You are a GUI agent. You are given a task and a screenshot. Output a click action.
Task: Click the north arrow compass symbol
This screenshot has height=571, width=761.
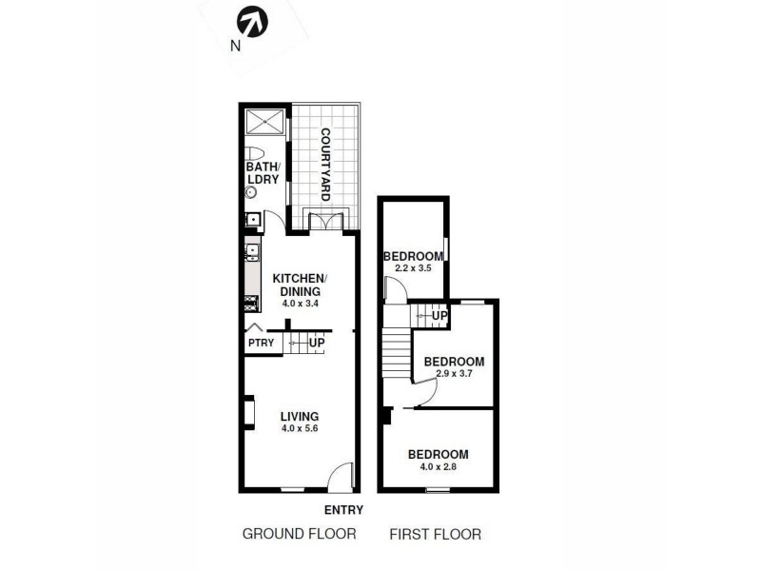[x=251, y=21]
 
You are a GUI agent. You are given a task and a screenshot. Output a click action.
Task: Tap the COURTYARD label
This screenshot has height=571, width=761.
[x=324, y=164]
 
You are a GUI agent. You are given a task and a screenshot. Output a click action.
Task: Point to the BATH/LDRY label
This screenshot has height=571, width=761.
[x=262, y=174]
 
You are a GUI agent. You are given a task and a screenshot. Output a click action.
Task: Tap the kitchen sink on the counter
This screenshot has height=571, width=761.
[x=253, y=252]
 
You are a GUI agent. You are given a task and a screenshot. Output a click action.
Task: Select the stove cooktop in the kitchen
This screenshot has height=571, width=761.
[x=252, y=305]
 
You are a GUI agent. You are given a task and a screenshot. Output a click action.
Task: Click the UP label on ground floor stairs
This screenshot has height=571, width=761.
[x=317, y=343]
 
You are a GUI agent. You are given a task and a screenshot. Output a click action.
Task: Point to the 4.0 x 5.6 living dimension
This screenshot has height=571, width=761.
[x=299, y=429]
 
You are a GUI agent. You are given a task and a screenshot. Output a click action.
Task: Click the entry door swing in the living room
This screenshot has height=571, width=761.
[x=341, y=474]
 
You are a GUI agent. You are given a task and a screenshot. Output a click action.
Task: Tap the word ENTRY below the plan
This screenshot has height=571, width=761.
[x=343, y=509]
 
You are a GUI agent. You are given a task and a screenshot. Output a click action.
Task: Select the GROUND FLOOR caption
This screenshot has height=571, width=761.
[x=299, y=534]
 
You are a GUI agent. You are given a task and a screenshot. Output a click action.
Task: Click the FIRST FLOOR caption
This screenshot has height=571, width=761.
[x=435, y=534]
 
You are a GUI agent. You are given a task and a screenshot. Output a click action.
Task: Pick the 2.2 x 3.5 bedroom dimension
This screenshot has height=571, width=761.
[x=413, y=268]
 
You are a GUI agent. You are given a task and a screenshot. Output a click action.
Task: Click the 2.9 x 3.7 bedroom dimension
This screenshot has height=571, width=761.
[x=454, y=374]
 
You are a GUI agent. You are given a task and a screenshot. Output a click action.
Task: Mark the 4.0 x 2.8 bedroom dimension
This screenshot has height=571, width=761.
[x=438, y=466]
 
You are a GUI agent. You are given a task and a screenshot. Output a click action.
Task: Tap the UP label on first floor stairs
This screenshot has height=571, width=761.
[x=439, y=315]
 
